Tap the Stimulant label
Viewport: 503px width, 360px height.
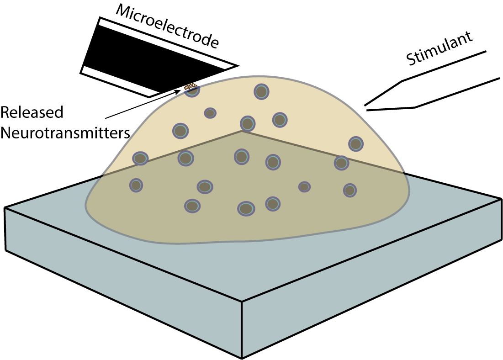[439, 48]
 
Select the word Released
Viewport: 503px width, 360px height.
[32, 113]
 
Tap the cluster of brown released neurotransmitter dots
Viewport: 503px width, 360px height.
[190, 85]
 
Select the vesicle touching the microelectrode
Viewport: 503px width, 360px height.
[192, 90]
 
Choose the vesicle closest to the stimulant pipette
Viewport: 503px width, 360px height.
[355, 143]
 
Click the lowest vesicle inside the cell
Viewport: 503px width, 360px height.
[246, 208]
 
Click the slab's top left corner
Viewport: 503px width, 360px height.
[5, 208]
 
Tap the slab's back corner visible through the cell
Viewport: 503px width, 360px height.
[242, 131]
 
